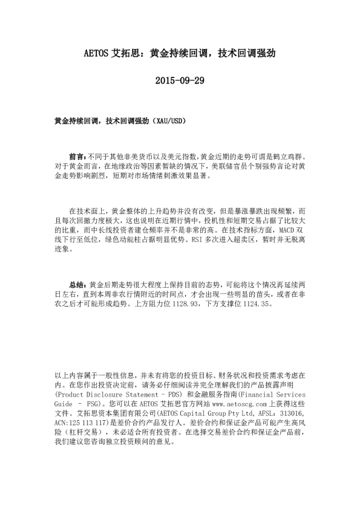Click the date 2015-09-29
180,80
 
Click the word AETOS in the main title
95,53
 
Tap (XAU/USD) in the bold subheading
168,121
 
